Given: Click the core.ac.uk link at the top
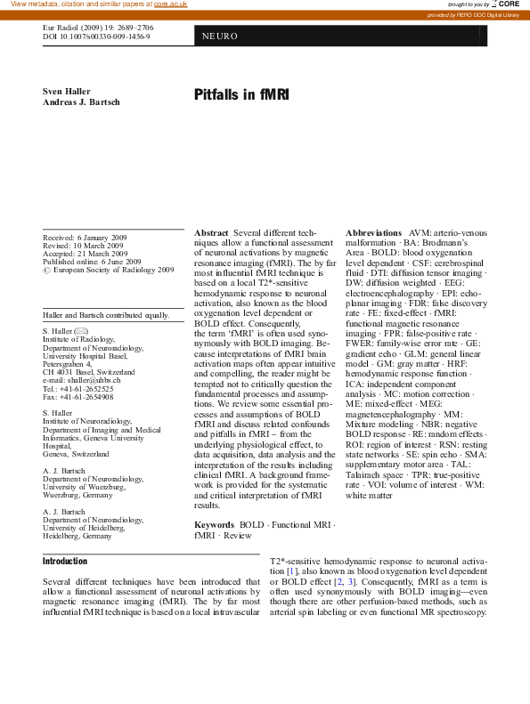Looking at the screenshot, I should click(x=170, y=4).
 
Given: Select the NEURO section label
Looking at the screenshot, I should click(x=218, y=36).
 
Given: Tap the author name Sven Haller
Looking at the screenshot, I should click(x=68, y=92).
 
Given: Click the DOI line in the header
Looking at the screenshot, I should click(x=102, y=37).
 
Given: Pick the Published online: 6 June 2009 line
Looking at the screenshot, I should click(x=92, y=263).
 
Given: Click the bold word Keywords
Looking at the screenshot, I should click(x=214, y=526).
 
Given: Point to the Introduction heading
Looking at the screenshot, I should click(x=65, y=562).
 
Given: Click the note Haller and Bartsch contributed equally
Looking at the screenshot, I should click(x=106, y=315).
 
